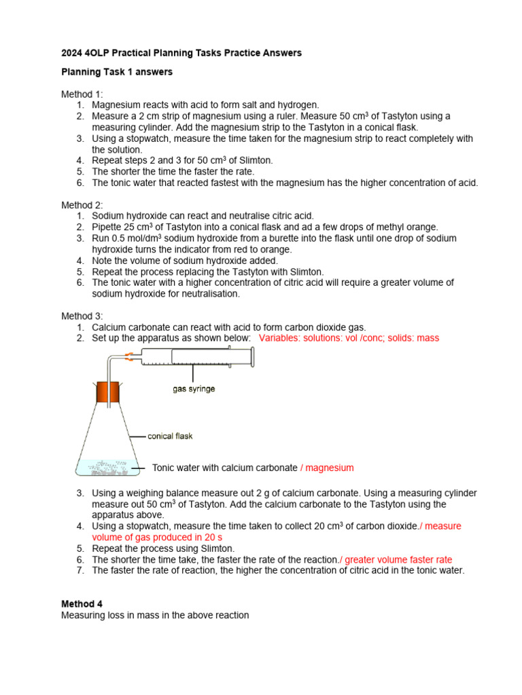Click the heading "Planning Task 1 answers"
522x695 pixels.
coord(117,72)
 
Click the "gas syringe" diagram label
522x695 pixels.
coord(194,389)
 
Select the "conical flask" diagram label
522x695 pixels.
coord(170,436)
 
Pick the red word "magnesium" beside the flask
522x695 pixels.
coord(329,468)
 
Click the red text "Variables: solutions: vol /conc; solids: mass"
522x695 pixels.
coord(349,338)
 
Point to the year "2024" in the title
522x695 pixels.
coord(72,53)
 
